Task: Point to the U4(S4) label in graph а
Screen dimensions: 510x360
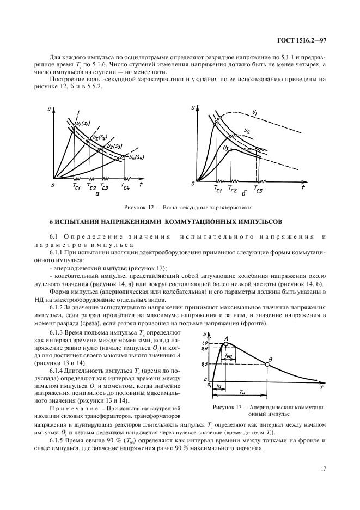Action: (129, 157)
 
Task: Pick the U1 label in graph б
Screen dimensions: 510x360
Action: (255, 113)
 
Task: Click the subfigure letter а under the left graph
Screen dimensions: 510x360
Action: (96, 194)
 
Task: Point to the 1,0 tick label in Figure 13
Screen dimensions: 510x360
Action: (206, 342)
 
